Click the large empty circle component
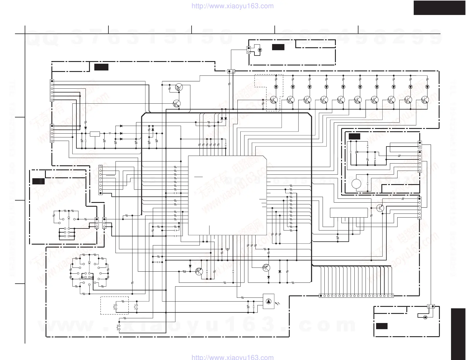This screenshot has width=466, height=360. pyautogui.click(x=356, y=184)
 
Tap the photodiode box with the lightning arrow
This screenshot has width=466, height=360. pyautogui.click(x=269, y=301)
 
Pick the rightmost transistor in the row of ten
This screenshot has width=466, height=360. pyautogui.click(x=425, y=100)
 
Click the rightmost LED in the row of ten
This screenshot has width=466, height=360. pyautogui.click(x=427, y=87)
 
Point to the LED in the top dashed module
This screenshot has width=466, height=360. pyautogui.click(x=259, y=50)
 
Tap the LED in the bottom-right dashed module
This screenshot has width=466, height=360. pyautogui.click(x=425, y=317)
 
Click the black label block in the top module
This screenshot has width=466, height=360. pyautogui.click(x=278, y=47)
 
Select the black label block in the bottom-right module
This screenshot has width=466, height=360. pyautogui.click(x=382, y=326)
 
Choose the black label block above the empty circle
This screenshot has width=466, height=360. pyautogui.click(x=354, y=137)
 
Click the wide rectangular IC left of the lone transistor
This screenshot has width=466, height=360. pyautogui.click(x=349, y=213)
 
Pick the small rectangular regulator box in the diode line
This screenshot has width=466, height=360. pyautogui.click(x=95, y=134)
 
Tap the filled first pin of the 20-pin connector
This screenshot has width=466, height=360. pyautogui.click(x=321, y=296)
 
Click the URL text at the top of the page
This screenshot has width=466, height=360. pyautogui.click(x=232, y=6)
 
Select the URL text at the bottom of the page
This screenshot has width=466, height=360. pyautogui.click(x=232, y=357)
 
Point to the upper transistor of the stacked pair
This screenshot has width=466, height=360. pyautogui.click(x=179, y=87)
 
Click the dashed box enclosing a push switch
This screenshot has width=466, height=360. pyautogui.click(x=115, y=305)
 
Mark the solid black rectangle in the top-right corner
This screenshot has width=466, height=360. pyautogui.click(x=439, y=8)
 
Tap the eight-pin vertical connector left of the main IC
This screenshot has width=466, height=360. pyautogui.click(x=100, y=180)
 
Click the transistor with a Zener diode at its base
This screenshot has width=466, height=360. pyautogui.click(x=199, y=271)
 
